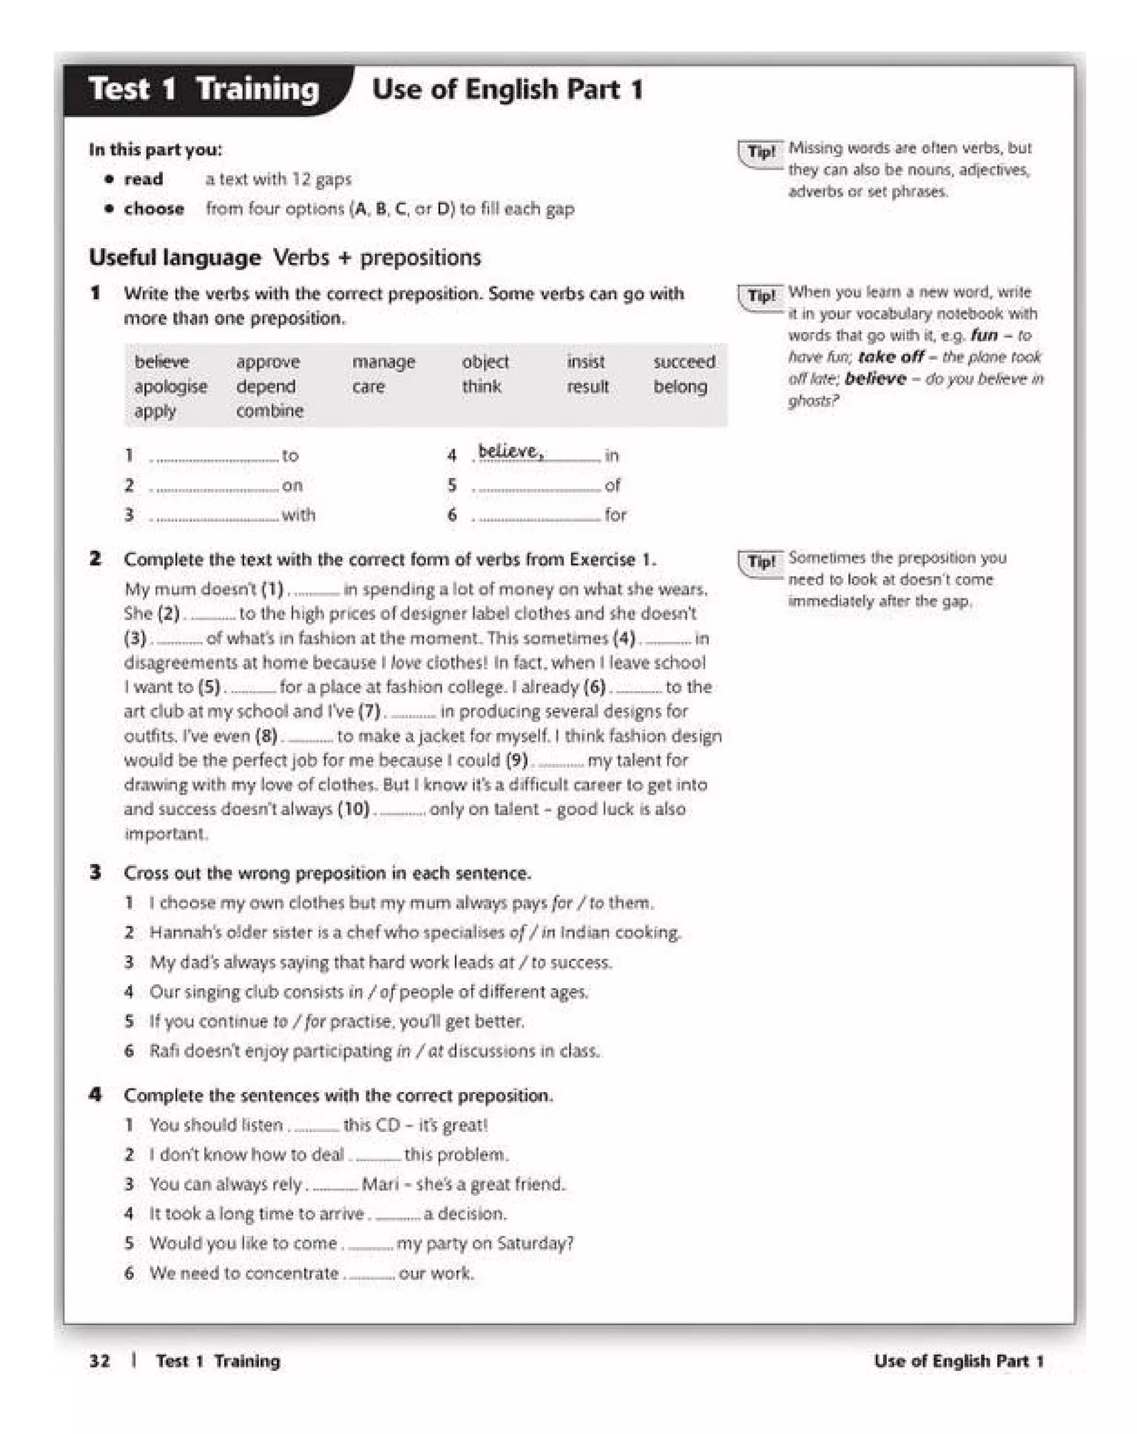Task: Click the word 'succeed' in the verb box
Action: pyautogui.click(x=683, y=361)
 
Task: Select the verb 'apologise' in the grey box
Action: pyautogui.click(x=170, y=386)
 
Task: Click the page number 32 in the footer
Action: pyautogui.click(x=100, y=1360)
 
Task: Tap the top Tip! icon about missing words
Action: pyautogui.click(x=761, y=152)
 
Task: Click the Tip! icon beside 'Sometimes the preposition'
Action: pyautogui.click(x=761, y=562)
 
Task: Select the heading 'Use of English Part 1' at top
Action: pyautogui.click(x=507, y=89)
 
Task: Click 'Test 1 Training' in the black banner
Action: pyautogui.click(x=204, y=89)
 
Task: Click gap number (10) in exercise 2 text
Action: pyautogui.click(x=353, y=809)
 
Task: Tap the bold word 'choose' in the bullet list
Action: pyautogui.click(x=154, y=208)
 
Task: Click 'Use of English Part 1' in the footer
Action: pyautogui.click(x=958, y=1360)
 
